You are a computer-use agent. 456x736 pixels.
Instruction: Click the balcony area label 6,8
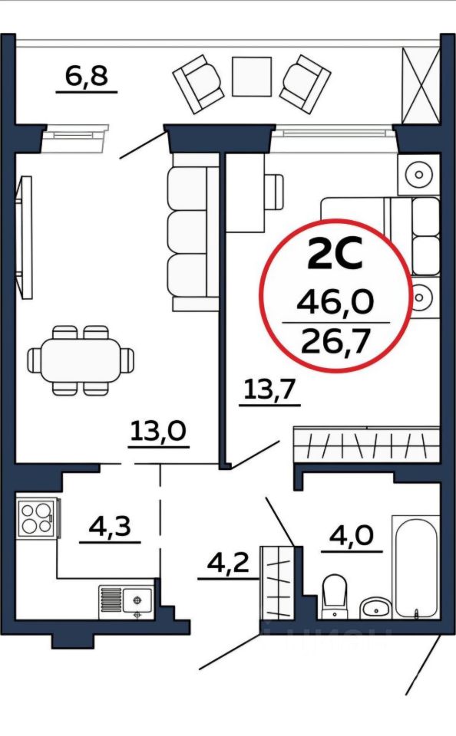(x=87, y=76)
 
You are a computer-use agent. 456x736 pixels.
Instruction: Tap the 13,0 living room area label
(x=158, y=430)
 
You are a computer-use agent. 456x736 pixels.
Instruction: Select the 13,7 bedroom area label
(x=269, y=389)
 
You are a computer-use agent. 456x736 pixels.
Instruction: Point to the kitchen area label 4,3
(x=110, y=526)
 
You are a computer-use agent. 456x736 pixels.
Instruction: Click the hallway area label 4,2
(x=228, y=562)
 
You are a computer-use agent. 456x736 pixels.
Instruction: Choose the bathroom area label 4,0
(x=352, y=535)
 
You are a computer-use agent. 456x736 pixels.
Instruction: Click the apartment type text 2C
(x=335, y=254)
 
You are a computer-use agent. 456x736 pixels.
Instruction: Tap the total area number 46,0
(x=335, y=301)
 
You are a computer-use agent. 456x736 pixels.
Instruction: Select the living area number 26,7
(x=336, y=341)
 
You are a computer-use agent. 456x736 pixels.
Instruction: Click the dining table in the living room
(x=81, y=360)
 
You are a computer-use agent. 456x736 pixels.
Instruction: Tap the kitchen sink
(x=126, y=601)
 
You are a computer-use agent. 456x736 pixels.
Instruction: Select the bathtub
(x=416, y=567)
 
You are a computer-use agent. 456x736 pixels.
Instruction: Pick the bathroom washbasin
(x=375, y=608)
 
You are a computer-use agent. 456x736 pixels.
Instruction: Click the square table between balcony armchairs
(x=252, y=77)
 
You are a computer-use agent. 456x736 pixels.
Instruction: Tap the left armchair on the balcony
(x=198, y=84)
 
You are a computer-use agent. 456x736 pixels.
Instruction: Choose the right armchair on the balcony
(x=306, y=84)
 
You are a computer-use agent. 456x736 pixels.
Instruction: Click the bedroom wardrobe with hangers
(x=366, y=444)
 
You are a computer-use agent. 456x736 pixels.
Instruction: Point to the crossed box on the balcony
(x=420, y=85)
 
